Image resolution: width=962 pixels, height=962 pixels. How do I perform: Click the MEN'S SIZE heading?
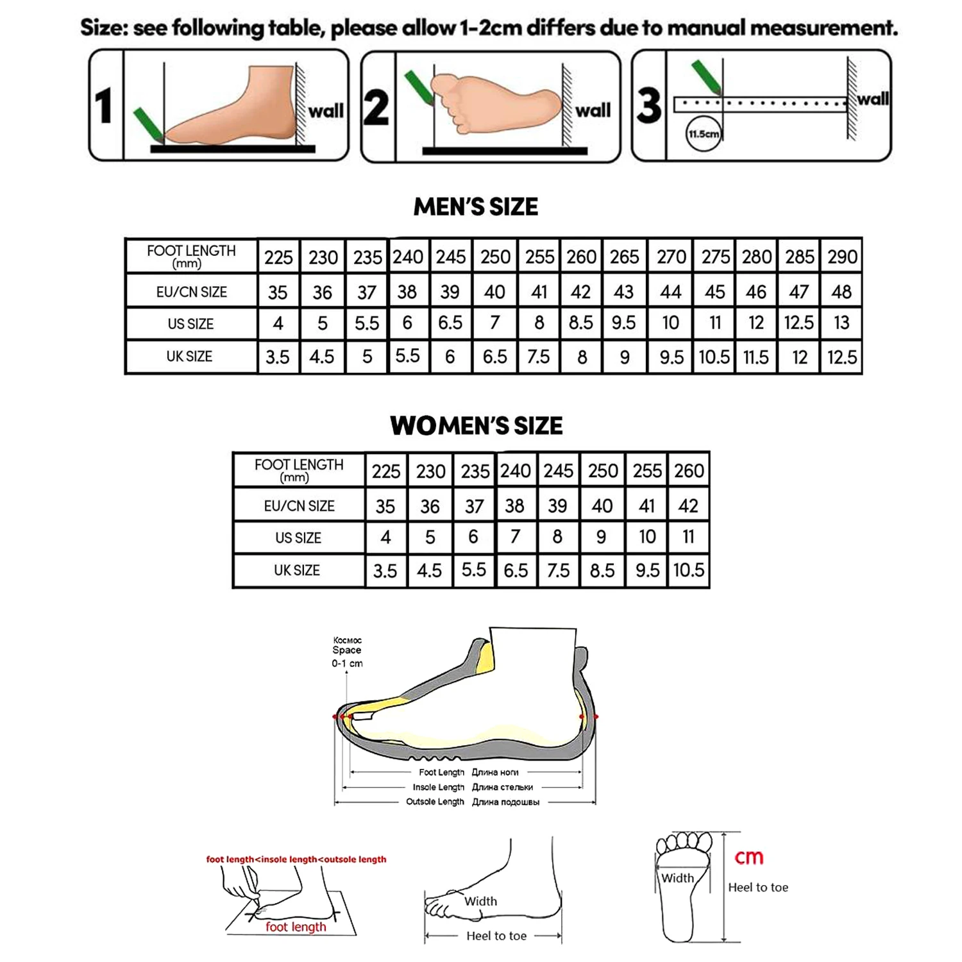pos(475,207)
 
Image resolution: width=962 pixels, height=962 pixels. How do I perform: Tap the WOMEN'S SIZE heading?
pos(476,426)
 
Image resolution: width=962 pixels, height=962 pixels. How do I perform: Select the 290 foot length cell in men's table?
pos(841,257)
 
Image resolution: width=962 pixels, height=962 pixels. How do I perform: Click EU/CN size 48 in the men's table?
pos(841,292)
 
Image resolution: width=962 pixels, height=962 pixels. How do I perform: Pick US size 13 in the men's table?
pos(841,323)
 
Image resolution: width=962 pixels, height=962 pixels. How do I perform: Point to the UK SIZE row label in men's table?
pos(189,357)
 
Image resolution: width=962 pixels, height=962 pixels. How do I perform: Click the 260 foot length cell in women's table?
pos(689,471)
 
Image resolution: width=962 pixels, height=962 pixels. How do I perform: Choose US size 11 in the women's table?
pos(688,537)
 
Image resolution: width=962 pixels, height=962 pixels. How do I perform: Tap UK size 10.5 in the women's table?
pos(688,570)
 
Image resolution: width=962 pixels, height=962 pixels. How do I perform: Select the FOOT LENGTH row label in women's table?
pos(298,469)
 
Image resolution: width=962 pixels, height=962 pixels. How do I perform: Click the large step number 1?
pos(105,106)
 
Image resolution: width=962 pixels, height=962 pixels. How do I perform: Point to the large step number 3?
pos(648,106)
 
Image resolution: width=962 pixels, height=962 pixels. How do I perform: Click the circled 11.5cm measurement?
pos(704,134)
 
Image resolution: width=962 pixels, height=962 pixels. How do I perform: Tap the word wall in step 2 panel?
pos(593,111)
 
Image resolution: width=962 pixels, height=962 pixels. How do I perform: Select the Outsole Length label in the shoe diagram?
pos(434,802)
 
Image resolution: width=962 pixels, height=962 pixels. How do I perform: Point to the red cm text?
pos(748,857)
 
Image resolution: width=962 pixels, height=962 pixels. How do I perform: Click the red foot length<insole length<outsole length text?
pos(296,859)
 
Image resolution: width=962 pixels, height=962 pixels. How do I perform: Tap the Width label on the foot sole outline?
pos(677,878)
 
